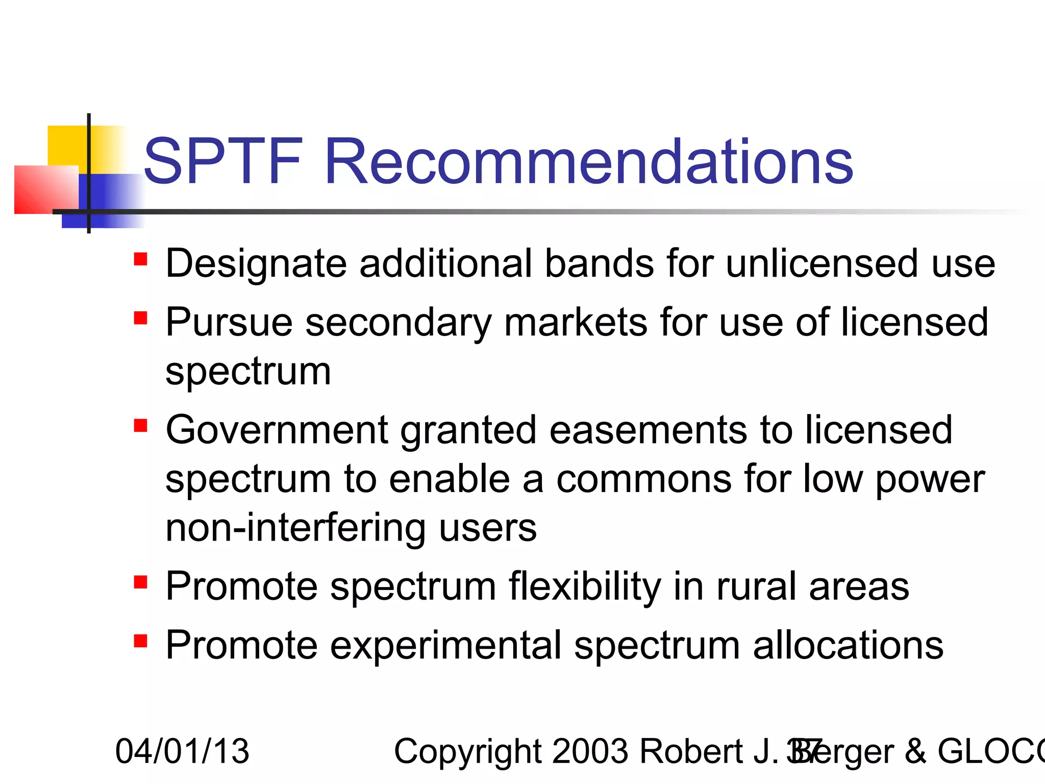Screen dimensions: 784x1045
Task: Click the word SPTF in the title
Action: pyautogui.click(x=223, y=162)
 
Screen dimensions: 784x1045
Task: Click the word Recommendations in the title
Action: pyautogui.click(x=588, y=162)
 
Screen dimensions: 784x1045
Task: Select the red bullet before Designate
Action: pyautogui.click(x=140, y=259)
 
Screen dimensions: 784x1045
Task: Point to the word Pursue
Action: pyautogui.click(x=230, y=323)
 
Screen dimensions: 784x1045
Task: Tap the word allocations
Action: pyautogui.click(x=848, y=646)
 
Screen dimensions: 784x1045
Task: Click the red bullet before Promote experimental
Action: pyautogui.click(x=140, y=641)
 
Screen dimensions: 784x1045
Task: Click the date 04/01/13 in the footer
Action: pyautogui.click(x=182, y=751)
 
